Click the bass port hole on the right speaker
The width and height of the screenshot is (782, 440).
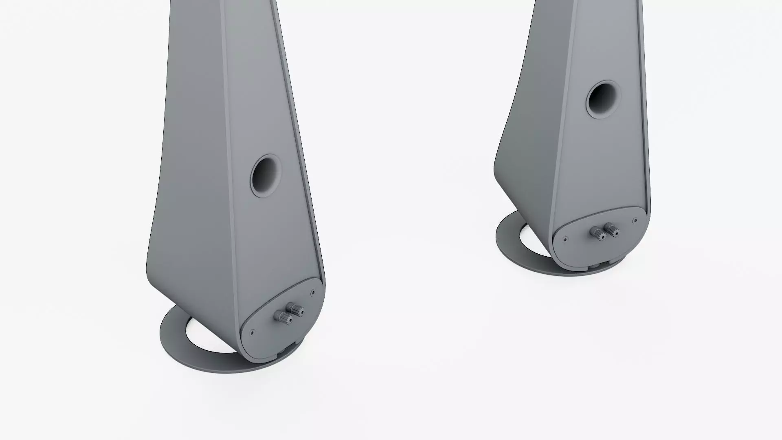(x=603, y=100)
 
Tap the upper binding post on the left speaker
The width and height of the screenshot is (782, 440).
(x=295, y=309)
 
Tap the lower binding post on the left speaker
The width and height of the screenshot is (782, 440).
(x=283, y=317)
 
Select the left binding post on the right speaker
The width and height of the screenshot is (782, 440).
(x=599, y=233)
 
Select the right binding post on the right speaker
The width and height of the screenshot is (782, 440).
(x=611, y=229)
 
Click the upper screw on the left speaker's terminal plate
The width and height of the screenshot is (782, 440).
(x=312, y=293)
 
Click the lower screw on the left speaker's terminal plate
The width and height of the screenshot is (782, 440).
(x=252, y=332)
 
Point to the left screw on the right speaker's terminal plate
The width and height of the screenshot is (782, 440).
(x=565, y=240)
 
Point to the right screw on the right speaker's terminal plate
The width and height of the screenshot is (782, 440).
(x=635, y=220)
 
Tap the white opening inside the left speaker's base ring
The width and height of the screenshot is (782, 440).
(x=204, y=338)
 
